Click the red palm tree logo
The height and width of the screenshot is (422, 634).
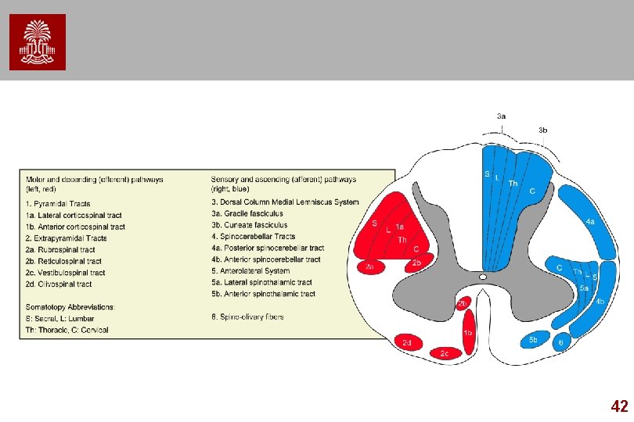(38, 42)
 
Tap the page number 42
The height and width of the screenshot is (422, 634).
(618, 406)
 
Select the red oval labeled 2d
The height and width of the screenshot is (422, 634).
(408, 342)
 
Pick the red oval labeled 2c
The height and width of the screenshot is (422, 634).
(445, 353)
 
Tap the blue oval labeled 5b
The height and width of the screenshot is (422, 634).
(533, 340)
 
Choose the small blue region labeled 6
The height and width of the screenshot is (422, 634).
(560, 342)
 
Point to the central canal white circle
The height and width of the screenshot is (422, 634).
(483, 277)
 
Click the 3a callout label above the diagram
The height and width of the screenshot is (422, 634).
(502, 116)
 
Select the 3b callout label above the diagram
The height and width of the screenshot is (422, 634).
(542, 130)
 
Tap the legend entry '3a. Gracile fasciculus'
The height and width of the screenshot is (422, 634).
(247, 213)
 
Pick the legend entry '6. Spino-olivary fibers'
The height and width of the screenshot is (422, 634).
(247, 316)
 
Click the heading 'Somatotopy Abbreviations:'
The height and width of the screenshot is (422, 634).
(70, 306)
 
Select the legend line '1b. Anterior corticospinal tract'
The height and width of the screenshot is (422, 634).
(75, 227)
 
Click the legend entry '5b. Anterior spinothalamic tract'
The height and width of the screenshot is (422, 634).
(263, 294)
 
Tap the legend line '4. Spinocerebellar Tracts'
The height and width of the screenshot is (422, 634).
(253, 236)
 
